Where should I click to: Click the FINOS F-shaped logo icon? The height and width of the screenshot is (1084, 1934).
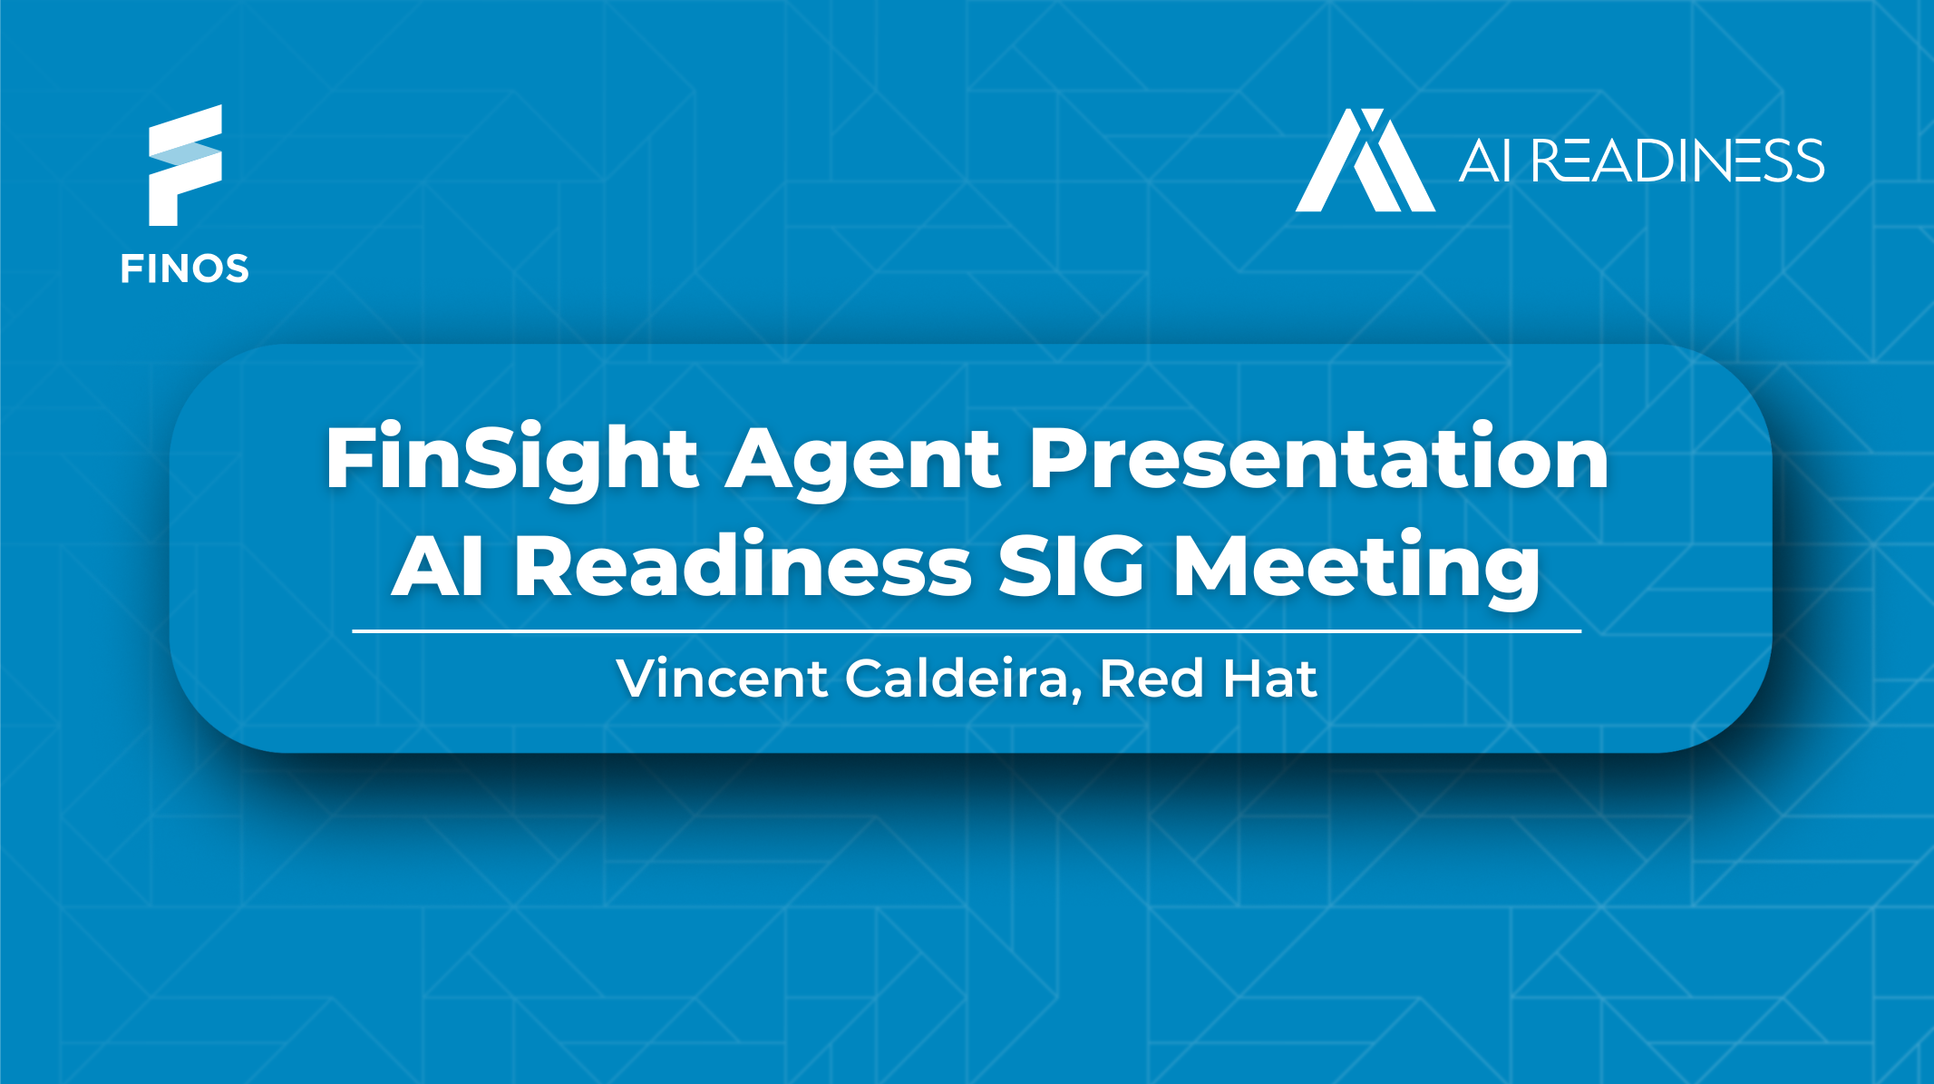point(185,165)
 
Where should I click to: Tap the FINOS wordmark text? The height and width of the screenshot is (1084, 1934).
point(185,269)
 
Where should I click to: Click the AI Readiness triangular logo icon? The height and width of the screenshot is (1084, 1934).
point(1365,161)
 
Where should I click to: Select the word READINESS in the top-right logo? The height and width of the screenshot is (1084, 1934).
point(1677,161)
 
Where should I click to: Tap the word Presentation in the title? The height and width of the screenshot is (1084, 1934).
point(1318,458)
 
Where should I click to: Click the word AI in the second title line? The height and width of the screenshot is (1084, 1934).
point(438,567)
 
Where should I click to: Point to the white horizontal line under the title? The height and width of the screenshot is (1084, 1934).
point(967,630)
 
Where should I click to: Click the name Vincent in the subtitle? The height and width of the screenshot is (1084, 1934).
point(722,679)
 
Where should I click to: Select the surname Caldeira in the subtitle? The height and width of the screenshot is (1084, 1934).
point(957,679)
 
